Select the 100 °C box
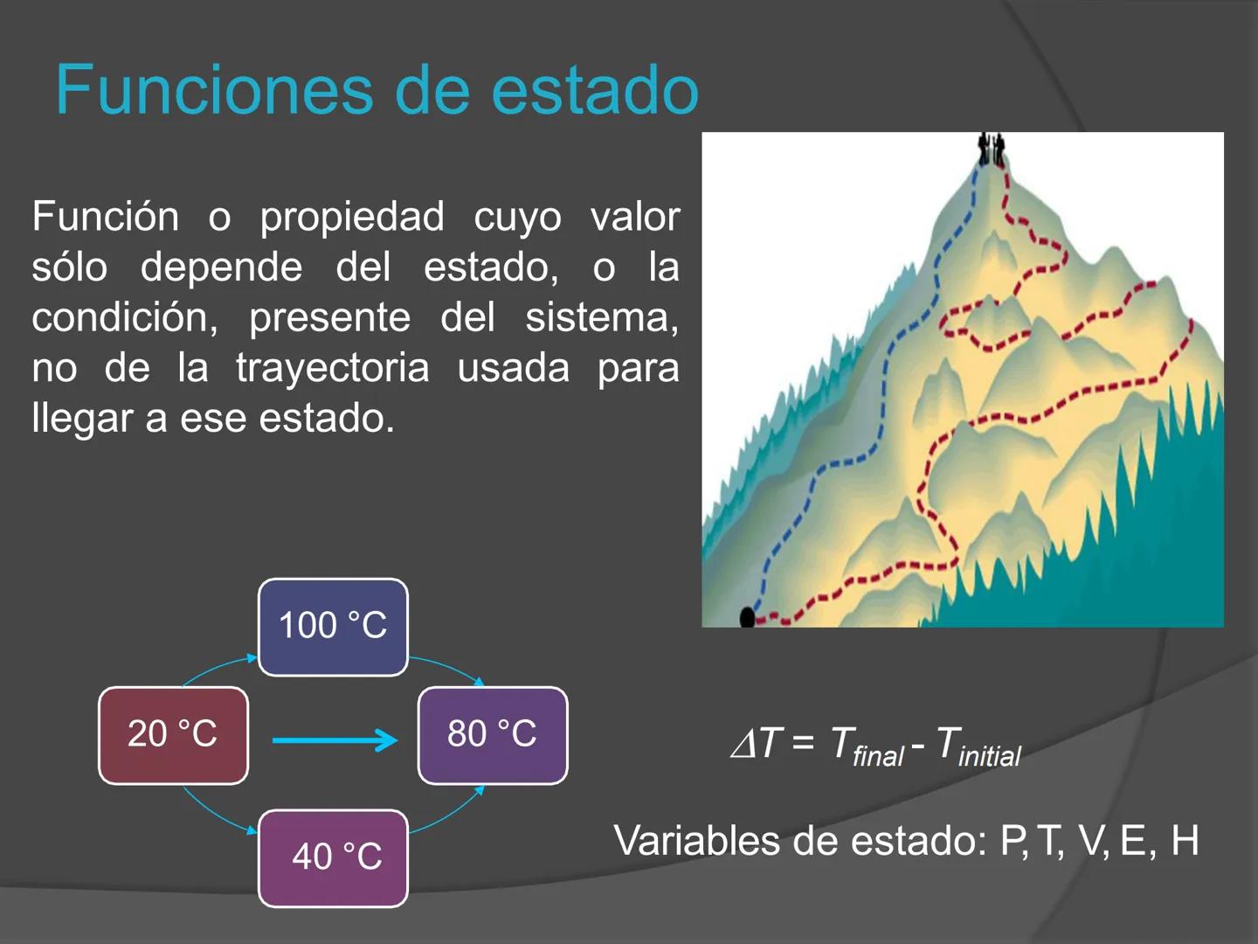[x=333, y=627]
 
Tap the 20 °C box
[x=173, y=735]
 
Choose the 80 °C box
[x=493, y=735]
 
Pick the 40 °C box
[x=333, y=857]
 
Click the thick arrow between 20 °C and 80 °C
[x=334, y=740]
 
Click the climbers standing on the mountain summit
[x=991, y=149]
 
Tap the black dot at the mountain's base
[x=747, y=618]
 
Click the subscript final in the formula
[x=878, y=756]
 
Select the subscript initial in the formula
[x=990, y=756]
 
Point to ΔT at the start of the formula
[x=755, y=744]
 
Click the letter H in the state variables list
[x=1185, y=840]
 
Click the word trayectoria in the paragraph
[x=333, y=368]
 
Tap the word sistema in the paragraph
[x=601, y=317]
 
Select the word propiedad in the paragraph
[x=352, y=218]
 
